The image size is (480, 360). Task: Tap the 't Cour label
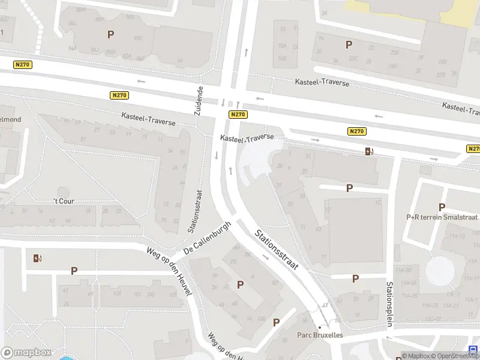tap(64, 201)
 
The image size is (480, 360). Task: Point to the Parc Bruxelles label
tap(320, 335)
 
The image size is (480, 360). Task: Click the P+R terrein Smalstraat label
tap(442, 217)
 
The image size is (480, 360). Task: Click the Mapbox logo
tap(25, 353)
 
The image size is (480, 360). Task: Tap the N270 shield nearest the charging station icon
tap(356, 131)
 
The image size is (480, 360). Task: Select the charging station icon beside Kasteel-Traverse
tap(369, 151)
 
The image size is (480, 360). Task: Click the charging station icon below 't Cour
tap(38, 259)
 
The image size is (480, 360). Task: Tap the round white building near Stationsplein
tap(440, 271)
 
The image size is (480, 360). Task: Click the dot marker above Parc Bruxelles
tap(320, 327)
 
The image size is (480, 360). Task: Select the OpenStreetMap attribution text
tap(455, 356)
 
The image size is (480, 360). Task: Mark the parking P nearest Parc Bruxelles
tap(277, 322)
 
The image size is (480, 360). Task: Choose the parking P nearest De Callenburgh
tap(241, 284)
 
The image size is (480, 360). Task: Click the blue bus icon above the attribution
tap(474, 349)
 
